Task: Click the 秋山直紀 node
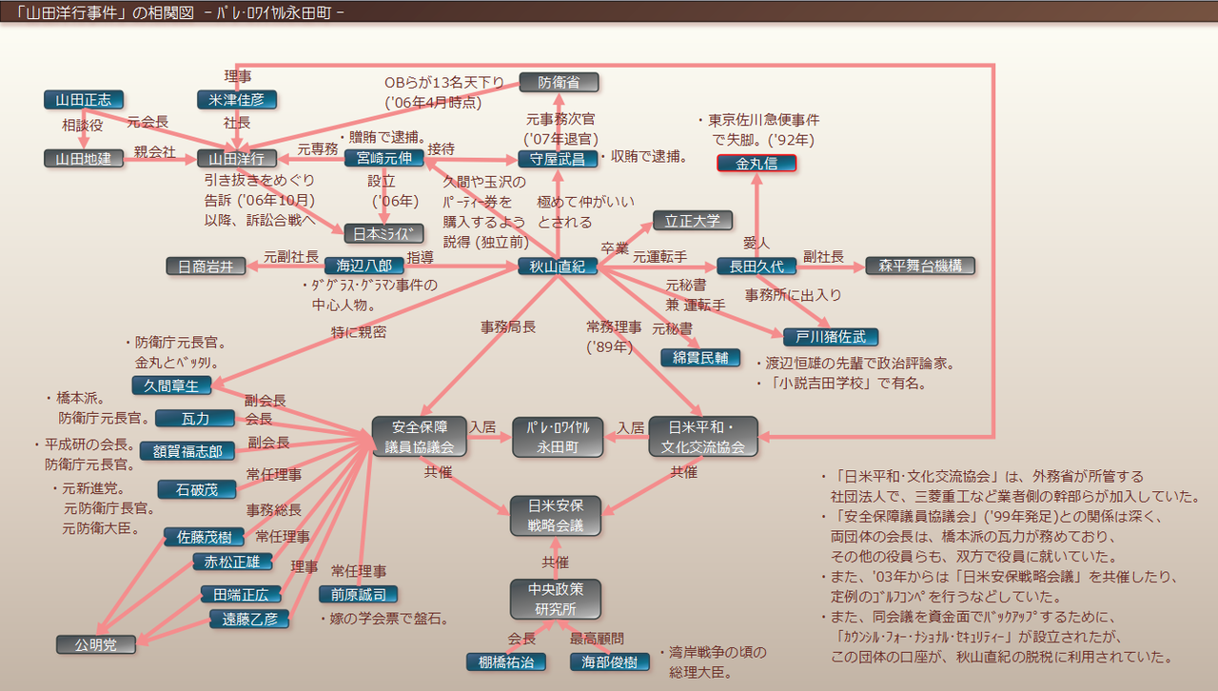pos(558,267)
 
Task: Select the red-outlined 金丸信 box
pos(756,163)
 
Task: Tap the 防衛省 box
pos(559,83)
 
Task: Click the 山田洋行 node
pos(237,159)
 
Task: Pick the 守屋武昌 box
pos(559,159)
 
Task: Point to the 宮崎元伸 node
pos(383,158)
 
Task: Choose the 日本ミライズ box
pos(383,233)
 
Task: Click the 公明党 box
pos(95,644)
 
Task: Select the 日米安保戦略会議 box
pos(558,515)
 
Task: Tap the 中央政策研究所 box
pos(558,598)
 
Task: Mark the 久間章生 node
pos(171,385)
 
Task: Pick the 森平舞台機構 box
pos(920,266)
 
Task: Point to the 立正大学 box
pos(692,221)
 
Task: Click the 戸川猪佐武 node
pos(831,337)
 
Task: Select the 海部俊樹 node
pos(610,661)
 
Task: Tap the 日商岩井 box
pos(206,267)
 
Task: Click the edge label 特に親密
pos(359,332)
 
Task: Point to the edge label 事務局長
pos(508,326)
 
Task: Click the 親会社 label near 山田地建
pos(155,151)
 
